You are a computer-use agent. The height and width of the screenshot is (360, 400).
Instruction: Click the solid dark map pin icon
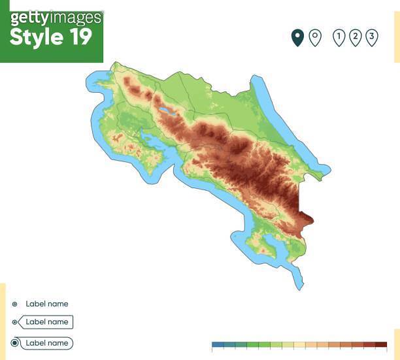297,37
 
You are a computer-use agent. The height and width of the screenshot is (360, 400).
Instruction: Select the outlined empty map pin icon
314,37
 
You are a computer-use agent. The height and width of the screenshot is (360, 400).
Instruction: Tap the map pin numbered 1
339,37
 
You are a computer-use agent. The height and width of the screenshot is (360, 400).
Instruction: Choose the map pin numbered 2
355,37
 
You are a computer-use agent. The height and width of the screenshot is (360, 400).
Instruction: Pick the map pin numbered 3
371,37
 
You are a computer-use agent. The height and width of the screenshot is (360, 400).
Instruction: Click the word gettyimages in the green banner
56,17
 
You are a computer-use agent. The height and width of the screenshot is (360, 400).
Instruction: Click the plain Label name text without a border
47,304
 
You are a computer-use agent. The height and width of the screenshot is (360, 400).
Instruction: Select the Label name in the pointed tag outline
47,322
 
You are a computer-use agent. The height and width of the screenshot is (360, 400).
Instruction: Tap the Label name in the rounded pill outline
47,343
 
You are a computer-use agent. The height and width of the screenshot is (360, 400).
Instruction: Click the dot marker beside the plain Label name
14,304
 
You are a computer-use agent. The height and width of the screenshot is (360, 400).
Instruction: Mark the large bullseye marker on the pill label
15,343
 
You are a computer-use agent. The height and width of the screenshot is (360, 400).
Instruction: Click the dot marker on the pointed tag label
14,322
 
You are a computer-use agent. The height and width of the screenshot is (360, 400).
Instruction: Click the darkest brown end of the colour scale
381,344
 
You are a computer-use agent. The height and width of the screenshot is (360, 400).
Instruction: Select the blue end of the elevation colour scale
218,344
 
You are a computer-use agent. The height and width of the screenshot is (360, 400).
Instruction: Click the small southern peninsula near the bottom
265,249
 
